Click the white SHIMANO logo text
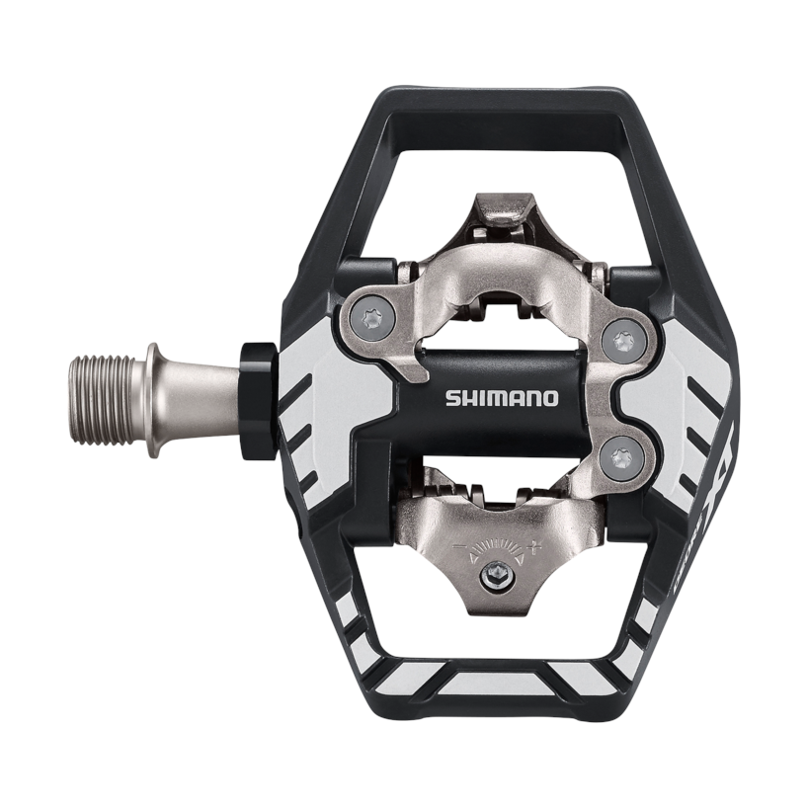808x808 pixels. click(502, 399)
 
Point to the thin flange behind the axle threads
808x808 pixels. click(152, 399)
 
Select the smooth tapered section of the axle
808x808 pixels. click(198, 399)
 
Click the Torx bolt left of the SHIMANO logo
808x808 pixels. click(372, 318)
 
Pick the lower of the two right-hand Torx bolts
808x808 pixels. click(621, 455)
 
